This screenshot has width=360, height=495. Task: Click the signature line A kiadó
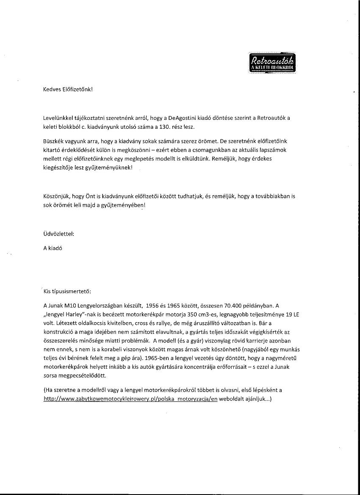coord(53,249)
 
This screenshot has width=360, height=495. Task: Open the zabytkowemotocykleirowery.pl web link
coord(130,399)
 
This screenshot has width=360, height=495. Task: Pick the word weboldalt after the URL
coord(233,399)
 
